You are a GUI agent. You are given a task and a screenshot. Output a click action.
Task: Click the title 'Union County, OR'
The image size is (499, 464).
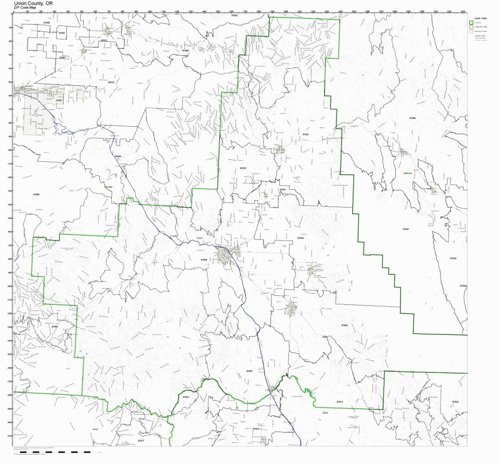(34, 3)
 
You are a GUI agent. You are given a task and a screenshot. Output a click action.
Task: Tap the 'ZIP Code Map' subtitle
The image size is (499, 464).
(26, 8)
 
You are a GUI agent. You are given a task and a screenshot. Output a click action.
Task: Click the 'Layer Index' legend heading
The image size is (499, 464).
(480, 17)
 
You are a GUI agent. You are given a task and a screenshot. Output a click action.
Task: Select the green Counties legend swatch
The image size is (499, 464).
(471, 22)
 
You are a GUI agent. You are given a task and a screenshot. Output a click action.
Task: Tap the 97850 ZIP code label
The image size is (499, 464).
(204, 260)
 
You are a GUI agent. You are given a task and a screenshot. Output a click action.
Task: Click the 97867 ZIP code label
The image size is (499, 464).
(249, 372)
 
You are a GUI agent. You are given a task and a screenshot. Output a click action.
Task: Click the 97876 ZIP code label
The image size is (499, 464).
(243, 168)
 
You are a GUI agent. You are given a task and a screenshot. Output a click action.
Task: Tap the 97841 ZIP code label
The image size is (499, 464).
(282, 190)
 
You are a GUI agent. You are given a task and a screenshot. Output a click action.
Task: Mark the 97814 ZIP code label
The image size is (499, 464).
(339, 401)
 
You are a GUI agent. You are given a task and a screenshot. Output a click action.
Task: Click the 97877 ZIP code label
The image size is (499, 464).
(141, 441)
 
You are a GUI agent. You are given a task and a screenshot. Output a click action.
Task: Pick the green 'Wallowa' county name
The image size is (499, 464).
(407, 173)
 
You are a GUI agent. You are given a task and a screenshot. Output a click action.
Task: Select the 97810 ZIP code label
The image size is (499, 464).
(111, 82)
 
